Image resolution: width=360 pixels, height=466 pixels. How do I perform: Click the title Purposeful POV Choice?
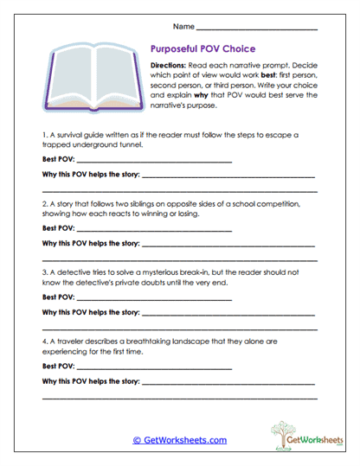tap(202, 49)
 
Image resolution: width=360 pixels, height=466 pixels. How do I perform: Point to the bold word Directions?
tap(174, 66)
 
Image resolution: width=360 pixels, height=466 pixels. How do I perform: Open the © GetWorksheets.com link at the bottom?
tap(179, 440)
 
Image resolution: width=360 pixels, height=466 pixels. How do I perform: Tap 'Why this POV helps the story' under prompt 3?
tap(90, 311)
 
